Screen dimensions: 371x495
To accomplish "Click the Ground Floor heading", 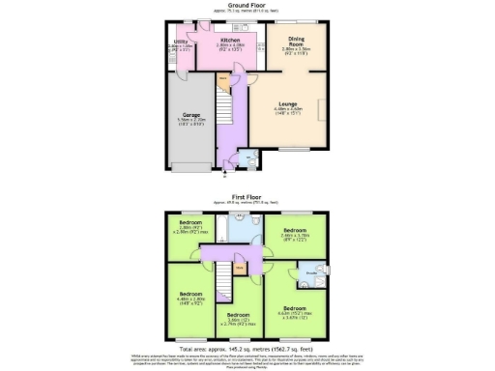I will click(x=247, y=4).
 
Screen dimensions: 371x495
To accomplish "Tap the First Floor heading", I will click(x=247, y=194).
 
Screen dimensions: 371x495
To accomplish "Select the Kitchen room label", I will click(x=228, y=41).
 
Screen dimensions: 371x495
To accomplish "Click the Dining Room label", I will click(x=298, y=41).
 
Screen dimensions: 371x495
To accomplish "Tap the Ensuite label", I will click(x=311, y=273).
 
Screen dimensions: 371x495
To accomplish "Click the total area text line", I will click(x=247, y=345).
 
